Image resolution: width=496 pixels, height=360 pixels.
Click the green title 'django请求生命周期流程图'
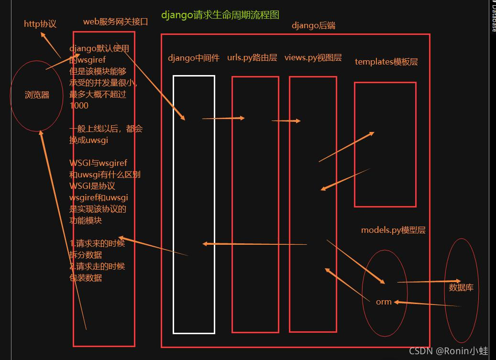pyautogui.click(x=220, y=15)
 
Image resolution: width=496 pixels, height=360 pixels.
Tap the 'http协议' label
pyautogui.click(x=40, y=23)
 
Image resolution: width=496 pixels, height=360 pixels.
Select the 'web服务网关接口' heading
pyautogui.click(x=116, y=22)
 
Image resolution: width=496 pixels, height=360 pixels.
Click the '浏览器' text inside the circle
pyautogui.click(x=37, y=95)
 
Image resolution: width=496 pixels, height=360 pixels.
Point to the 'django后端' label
pyautogui.click(x=313, y=25)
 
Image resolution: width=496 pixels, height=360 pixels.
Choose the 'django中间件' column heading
pyautogui.click(x=194, y=58)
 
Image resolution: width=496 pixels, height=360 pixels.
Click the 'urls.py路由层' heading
pyautogui.click(x=252, y=57)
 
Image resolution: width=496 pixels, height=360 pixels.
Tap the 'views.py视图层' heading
pyautogui.click(x=313, y=57)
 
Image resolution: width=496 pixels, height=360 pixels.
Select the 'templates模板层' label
pyautogui.click(x=386, y=62)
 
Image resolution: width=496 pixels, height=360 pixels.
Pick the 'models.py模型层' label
pyautogui.click(x=393, y=230)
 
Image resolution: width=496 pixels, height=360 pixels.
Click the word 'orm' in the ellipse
pyautogui.click(x=384, y=302)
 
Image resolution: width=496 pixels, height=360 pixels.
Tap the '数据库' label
pyautogui.click(x=461, y=287)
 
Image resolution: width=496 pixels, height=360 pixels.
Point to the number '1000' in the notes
pyautogui.click(x=79, y=105)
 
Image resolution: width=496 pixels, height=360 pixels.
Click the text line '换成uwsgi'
pyautogui.click(x=88, y=140)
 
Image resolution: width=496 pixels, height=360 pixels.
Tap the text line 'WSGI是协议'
pyautogui.click(x=92, y=186)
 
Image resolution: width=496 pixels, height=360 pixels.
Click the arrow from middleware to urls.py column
pyautogui.click(x=223, y=118)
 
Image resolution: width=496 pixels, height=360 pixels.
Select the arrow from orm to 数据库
pyautogui.click(x=429, y=282)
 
